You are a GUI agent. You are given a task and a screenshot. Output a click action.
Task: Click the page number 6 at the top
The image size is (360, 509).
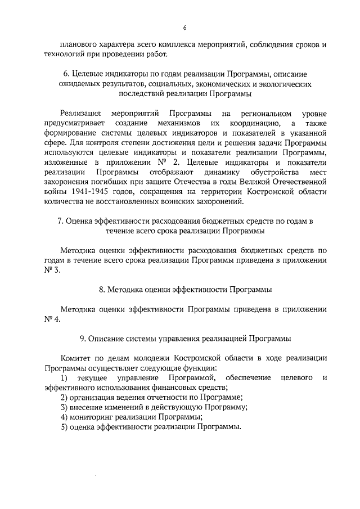tap(184, 28)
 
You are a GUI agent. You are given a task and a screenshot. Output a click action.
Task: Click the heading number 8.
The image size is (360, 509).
tap(101, 289)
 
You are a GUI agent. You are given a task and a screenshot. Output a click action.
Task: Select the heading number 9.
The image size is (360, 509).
tap(83, 338)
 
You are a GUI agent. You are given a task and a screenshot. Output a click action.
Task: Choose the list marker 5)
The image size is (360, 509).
tap(64, 427)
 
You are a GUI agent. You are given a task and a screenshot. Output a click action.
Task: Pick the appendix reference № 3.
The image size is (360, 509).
tap(52, 269)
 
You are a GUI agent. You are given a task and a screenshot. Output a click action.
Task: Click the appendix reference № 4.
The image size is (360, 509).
tap(52, 319)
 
